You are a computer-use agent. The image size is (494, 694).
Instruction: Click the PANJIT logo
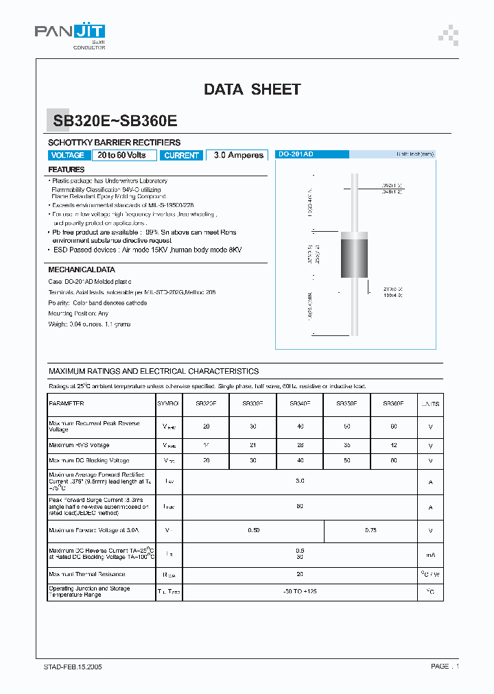click(x=69, y=33)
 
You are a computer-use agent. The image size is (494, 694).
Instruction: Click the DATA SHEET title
click(x=252, y=89)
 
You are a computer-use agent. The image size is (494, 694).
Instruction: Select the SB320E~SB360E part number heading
click(x=115, y=121)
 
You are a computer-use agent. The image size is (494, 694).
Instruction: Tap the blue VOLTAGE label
click(x=68, y=156)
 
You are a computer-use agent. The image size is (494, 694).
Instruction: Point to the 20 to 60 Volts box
click(x=122, y=156)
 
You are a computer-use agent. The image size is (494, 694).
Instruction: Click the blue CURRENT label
click(x=181, y=156)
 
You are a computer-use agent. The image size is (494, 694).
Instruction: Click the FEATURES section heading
click(x=67, y=169)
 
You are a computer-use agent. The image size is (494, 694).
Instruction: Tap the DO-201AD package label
click(x=296, y=155)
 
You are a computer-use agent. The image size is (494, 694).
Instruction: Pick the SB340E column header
click(x=299, y=405)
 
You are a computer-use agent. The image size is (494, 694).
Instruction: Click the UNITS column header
click(x=430, y=405)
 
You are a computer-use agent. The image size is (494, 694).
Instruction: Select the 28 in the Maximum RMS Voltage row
click(x=299, y=446)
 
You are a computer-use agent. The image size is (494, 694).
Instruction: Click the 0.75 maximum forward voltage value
click(x=370, y=530)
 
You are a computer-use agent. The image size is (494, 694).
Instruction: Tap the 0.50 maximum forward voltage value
click(x=252, y=530)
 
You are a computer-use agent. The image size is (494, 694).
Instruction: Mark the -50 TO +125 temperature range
click(x=299, y=592)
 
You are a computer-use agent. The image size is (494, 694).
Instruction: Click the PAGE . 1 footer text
click(x=445, y=666)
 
